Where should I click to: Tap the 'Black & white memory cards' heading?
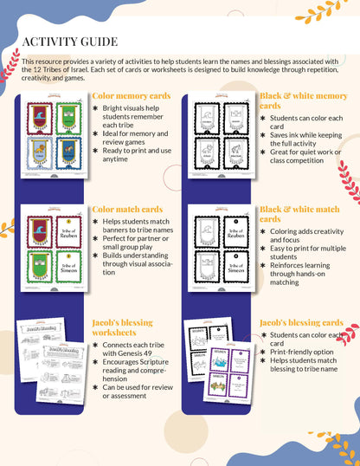[x=303, y=101]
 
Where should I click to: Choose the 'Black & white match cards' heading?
[x=299, y=214]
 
